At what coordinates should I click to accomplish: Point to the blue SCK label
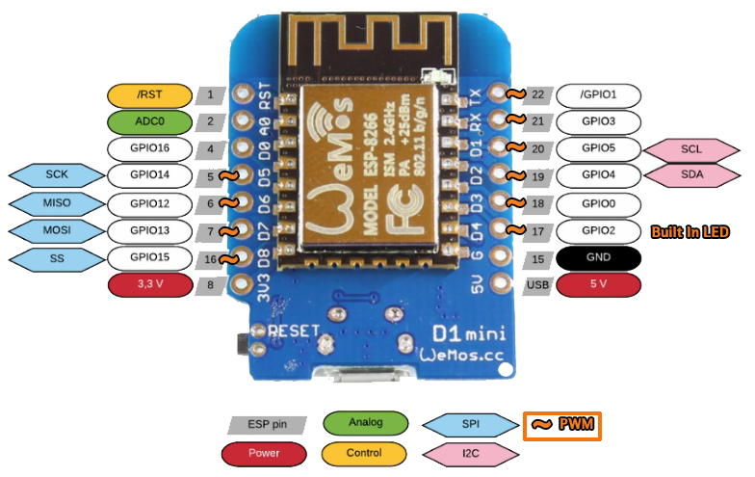55,175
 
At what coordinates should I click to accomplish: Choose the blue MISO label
55,203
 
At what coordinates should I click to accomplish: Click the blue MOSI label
55,230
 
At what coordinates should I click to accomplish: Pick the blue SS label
55,258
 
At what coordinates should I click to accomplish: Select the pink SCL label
690,149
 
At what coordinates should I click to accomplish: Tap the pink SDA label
690,176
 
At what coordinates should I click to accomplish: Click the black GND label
599,259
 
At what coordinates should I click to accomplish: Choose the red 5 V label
599,285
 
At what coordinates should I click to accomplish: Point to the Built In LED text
690,232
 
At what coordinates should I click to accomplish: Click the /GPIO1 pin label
598,95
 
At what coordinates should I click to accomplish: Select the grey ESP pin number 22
537,95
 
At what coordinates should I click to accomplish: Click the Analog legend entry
365,423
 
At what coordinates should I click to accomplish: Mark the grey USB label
537,285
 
